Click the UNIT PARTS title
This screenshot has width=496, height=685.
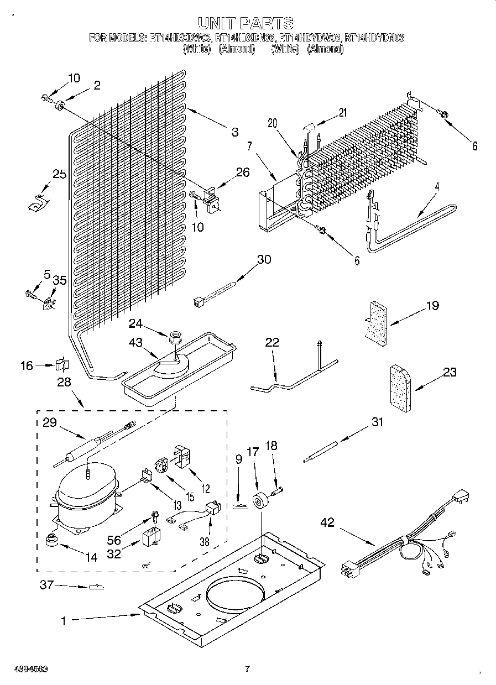245,23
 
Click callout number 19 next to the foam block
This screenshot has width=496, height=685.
432,306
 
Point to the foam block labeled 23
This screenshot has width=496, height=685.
395,388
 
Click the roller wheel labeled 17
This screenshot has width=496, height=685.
260,502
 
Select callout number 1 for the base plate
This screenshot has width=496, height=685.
63,621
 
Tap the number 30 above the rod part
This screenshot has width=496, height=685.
264,259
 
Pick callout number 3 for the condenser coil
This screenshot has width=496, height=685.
235,132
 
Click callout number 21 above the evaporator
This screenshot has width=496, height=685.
342,113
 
